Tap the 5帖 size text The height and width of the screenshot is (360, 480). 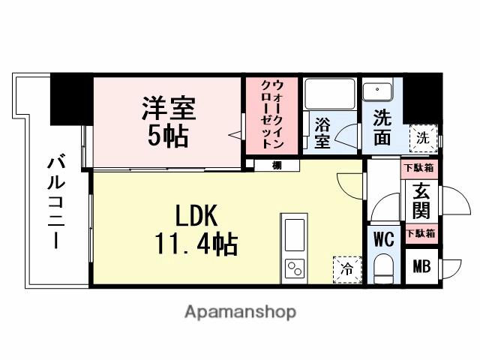click(x=168, y=137)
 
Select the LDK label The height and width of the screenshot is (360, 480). click(x=196, y=216)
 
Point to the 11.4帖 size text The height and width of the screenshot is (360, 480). click(x=197, y=243)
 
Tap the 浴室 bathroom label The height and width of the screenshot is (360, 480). click(x=322, y=131)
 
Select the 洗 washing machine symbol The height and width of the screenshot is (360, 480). click(x=423, y=138)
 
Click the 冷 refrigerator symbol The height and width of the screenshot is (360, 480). click(x=347, y=266)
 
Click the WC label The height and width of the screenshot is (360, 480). click(x=385, y=241)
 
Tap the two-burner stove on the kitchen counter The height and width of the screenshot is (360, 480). click(x=293, y=268)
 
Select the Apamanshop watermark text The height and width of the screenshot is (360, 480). click(x=239, y=312)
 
